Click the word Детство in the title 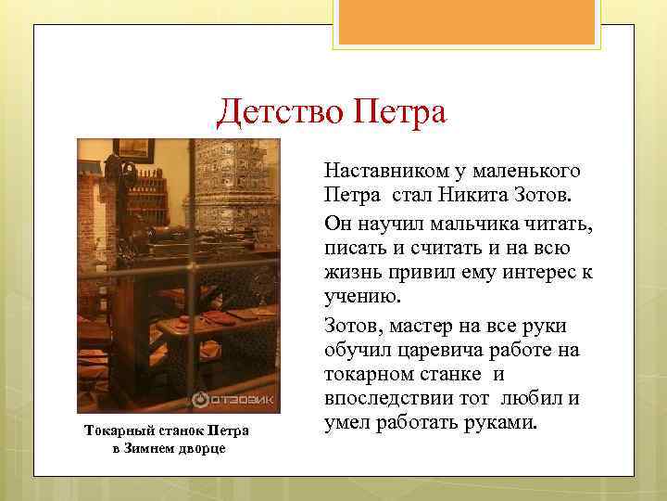pos(278,113)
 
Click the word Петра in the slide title pos(397,113)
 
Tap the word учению pos(357,300)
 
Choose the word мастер pos(422,326)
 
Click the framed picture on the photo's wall pos(135,148)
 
